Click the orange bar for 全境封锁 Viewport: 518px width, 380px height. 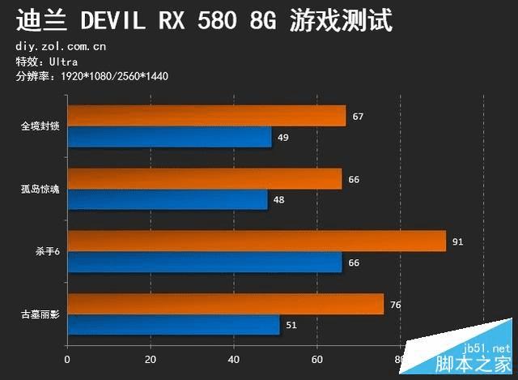tap(206, 116)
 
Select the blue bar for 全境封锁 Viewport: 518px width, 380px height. tap(169, 137)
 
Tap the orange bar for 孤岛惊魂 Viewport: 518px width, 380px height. tap(205, 178)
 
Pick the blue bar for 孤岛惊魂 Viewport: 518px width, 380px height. tap(168, 199)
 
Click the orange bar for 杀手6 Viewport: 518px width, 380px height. tap(257, 241)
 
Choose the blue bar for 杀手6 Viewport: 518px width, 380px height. tap(205, 263)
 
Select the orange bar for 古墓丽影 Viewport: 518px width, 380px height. tap(226, 304)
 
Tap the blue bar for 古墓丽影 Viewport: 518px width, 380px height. tap(173, 325)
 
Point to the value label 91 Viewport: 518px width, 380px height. tap(457, 241)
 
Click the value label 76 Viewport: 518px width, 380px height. tap(395, 305)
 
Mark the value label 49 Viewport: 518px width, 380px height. tap(282, 138)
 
